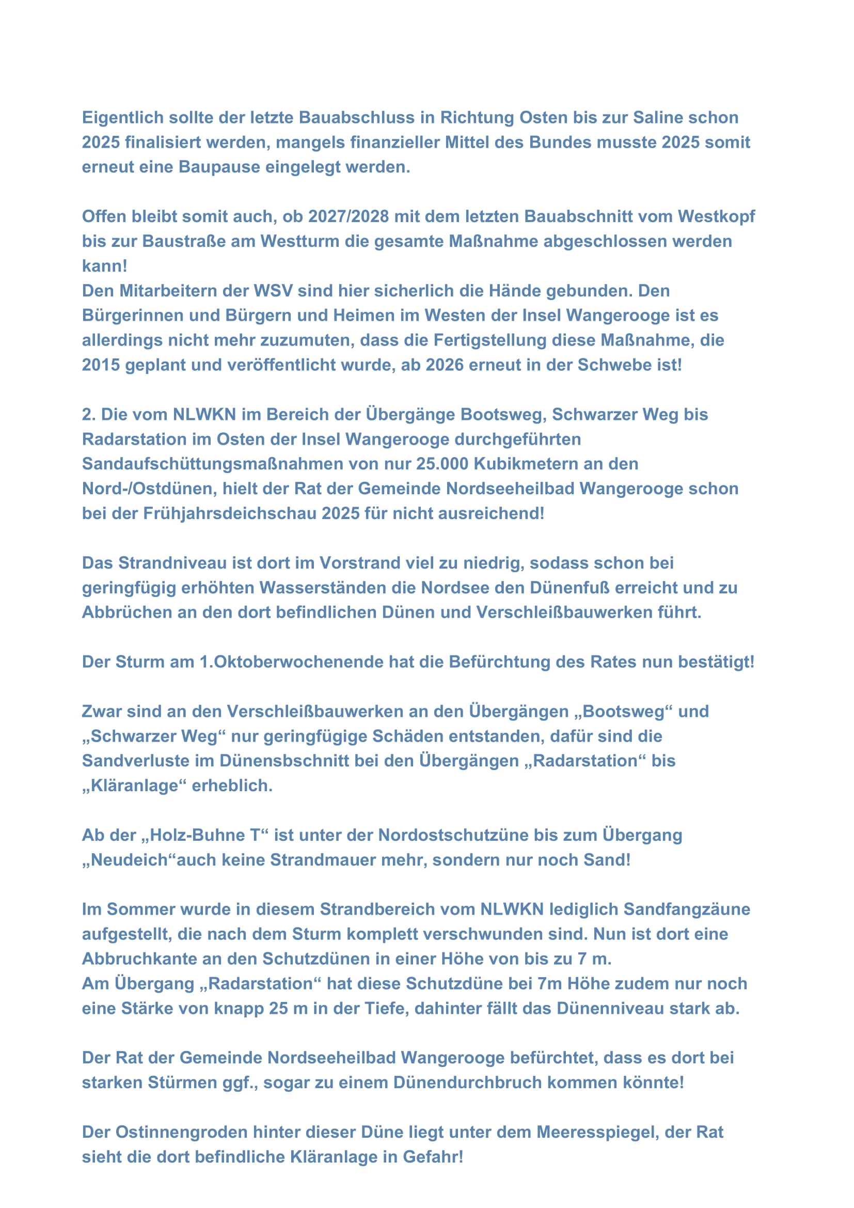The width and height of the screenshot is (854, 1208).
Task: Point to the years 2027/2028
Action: (348, 216)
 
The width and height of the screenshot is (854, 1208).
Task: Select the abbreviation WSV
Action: (274, 290)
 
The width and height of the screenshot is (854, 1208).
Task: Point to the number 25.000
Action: (442, 463)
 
